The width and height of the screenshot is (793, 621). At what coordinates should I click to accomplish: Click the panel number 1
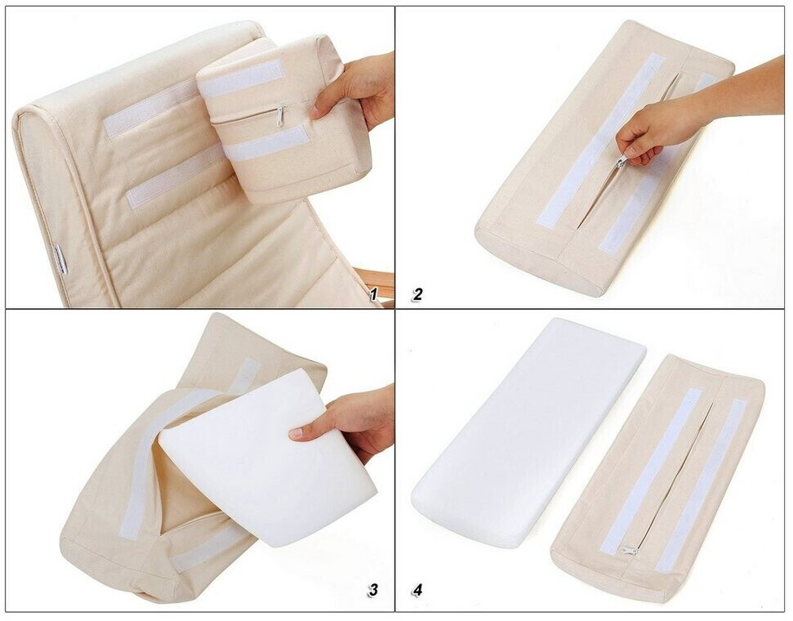click(x=374, y=294)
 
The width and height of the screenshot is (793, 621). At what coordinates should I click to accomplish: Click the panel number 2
click(x=417, y=294)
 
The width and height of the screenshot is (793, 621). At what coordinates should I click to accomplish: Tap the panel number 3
click(x=373, y=590)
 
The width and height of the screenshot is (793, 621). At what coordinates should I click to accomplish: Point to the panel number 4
click(x=417, y=590)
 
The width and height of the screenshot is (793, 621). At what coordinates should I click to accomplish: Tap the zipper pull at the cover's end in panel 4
click(x=629, y=550)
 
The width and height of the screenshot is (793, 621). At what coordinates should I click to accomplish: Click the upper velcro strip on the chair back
click(x=149, y=109)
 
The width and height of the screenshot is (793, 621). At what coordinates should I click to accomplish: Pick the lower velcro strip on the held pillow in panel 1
click(x=266, y=144)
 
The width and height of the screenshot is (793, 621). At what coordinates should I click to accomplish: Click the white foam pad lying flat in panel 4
click(x=528, y=433)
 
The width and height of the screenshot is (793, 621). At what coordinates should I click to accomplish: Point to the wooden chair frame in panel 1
click(x=382, y=286)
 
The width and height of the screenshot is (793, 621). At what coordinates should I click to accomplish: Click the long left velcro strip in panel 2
click(x=601, y=141)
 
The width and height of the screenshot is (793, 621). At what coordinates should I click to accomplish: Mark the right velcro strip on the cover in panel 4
click(x=701, y=485)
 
